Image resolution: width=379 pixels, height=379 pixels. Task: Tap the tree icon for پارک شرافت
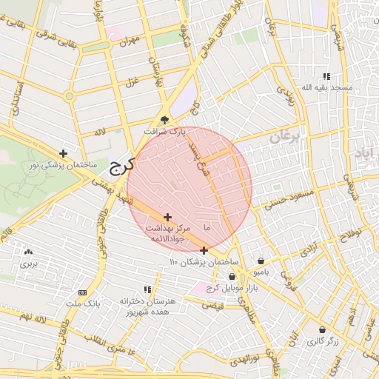[x=164, y=119]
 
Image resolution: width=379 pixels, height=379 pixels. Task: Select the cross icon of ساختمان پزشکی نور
[x=64, y=154]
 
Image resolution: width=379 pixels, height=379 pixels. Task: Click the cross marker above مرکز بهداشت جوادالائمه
[x=167, y=217]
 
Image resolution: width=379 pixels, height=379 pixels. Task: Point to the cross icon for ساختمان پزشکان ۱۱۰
[x=204, y=250]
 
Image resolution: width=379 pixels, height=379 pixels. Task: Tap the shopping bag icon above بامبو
[x=262, y=261]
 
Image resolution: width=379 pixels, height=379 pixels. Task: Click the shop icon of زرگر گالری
[x=322, y=330]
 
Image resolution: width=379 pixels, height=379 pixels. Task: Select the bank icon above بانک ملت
[x=82, y=292]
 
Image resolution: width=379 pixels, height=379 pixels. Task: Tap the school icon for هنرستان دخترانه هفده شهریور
[x=147, y=289]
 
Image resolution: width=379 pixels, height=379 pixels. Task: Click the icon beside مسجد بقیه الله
[x=326, y=76]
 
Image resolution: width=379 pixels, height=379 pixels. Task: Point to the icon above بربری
[x=28, y=252]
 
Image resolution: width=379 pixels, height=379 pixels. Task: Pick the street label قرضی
[x=212, y=304]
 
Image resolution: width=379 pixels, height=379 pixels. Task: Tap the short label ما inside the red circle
[x=207, y=227]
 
